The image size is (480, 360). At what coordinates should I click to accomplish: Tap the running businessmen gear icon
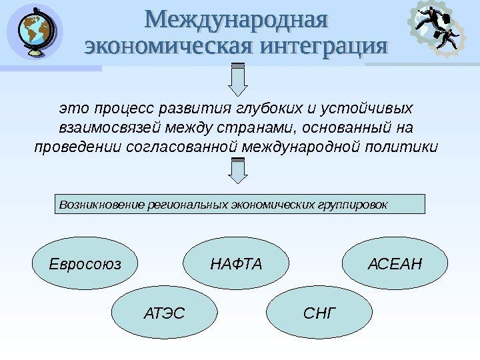coord(439,31)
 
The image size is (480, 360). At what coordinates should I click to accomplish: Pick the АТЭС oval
coord(165,311)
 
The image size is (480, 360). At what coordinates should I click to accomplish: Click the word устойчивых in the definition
coord(376,109)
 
